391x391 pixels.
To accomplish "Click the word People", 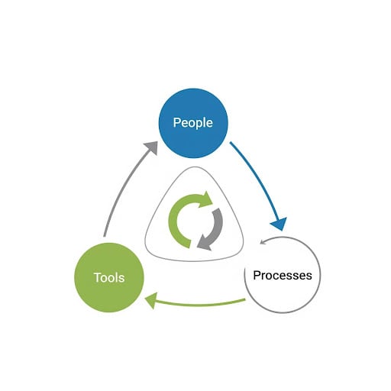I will pyautogui.click(x=192, y=123).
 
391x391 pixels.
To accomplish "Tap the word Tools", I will pyautogui.click(x=109, y=276).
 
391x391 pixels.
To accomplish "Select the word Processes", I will pyautogui.click(x=283, y=275).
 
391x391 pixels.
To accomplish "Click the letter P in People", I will pyautogui.click(x=177, y=123).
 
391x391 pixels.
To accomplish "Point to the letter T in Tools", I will pyautogui.click(x=97, y=276).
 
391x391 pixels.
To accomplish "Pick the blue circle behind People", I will pyautogui.click(x=192, y=103).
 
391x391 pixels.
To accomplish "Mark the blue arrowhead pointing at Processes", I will pyautogui.click(x=280, y=222).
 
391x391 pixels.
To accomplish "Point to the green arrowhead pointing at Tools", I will pyautogui.click(x=152, y=301).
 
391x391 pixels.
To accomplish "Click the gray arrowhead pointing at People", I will pyautogui.click(x=150, y=147).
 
